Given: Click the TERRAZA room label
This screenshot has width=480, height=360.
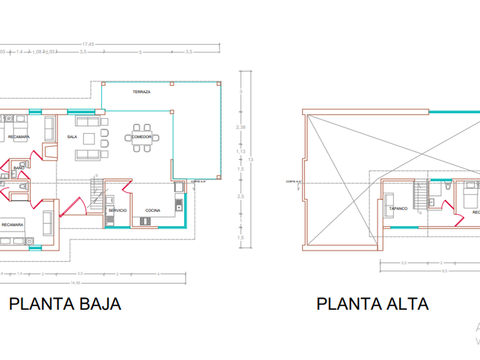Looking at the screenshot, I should [141, 92].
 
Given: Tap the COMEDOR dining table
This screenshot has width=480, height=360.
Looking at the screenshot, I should [141, 138].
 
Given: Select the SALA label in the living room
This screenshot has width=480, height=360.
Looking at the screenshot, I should [72, 137].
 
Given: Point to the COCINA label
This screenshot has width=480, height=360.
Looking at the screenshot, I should [153, 210].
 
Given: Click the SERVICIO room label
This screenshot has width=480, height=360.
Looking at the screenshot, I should [117, 210].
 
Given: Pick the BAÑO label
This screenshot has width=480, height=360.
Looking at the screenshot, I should [19, 168].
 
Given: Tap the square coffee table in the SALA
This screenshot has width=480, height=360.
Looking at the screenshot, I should [89, 138].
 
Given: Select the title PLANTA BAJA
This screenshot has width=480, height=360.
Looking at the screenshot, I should [65, 303].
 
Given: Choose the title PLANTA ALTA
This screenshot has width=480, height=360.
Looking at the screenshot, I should [373, 303].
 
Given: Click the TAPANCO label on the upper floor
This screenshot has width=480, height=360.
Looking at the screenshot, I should [398, 209].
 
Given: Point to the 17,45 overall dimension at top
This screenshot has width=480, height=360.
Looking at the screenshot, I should [89, 43].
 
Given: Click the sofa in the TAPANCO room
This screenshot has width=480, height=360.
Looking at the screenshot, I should [389, 204].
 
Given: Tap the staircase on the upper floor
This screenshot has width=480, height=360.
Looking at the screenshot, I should [422, 195].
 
